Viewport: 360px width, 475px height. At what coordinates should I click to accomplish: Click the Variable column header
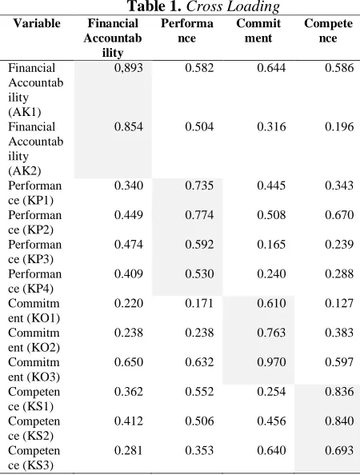[37, 23]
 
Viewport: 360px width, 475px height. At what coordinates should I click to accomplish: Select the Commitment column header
[258, 31]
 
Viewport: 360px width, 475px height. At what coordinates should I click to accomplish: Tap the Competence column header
[328, 31]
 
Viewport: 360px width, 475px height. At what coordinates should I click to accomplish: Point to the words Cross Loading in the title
[233, 6]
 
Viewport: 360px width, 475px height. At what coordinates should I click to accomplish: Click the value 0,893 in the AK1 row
[129, 67]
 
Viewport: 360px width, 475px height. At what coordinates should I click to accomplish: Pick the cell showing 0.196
[339, 126]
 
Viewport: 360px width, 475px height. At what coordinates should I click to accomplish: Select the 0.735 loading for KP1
[199, 186]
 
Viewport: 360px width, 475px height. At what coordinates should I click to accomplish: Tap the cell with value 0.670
[339, 215]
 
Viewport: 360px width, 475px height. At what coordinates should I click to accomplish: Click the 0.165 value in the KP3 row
[271, 245]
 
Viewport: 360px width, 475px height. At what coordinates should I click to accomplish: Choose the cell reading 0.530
[199, 273]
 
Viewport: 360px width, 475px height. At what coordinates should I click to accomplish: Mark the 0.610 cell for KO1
[271, 303]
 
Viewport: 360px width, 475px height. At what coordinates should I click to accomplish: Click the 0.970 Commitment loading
[271, 362]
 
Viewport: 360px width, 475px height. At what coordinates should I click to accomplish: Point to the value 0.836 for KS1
[339, 392]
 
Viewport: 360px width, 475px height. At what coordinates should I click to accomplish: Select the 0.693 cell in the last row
[339, 450]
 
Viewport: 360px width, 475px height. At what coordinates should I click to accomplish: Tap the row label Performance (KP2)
[35, 222]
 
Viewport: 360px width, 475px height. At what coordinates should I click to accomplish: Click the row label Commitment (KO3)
[34, 369]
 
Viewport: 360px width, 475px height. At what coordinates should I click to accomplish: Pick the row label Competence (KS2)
[34, 429]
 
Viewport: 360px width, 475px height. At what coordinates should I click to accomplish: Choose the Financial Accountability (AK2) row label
[36, 149]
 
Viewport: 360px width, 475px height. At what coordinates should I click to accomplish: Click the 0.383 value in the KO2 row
[339, 333]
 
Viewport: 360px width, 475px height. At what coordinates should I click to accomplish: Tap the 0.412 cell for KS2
[129, 421]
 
